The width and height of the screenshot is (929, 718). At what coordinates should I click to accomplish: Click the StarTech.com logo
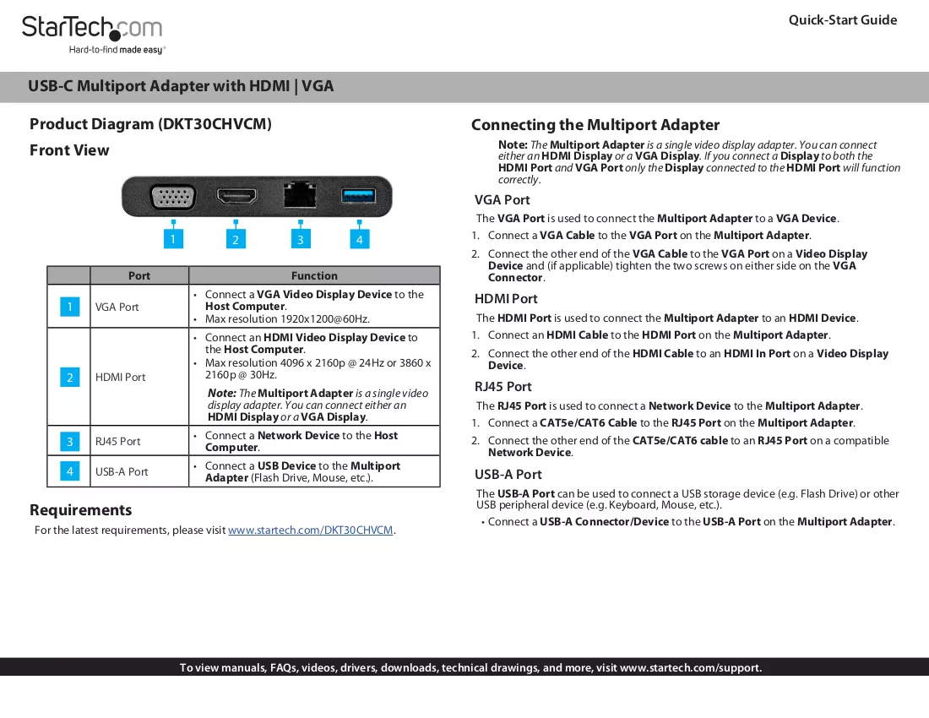point(93,35)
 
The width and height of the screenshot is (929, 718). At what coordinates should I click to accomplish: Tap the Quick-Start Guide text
point(843,20)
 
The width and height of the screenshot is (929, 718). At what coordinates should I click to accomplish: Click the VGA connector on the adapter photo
point(173,197)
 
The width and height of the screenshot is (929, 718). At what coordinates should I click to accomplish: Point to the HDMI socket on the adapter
point(236,195)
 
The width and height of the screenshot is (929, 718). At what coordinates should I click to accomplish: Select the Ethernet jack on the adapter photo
point(300,194)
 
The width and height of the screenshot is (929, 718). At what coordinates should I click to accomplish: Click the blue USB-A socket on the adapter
point(358,195)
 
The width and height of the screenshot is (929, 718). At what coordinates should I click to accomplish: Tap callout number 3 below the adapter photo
point(301,239)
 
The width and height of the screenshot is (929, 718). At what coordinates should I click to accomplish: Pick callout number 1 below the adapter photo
point(173,239)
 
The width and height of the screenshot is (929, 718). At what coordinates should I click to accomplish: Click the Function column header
point(314,275)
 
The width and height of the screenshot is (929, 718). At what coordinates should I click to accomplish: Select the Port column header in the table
point(139,275)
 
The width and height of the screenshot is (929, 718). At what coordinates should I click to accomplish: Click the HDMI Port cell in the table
point(120,378)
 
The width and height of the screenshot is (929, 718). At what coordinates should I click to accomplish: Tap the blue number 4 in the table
point(70,471)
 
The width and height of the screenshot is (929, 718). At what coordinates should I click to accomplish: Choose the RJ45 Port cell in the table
point(118,441)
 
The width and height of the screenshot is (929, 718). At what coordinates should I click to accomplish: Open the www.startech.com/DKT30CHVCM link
point(311,530)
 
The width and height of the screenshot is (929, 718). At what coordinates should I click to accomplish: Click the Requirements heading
point(80,510)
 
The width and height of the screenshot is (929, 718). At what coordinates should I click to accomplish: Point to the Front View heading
point(69,150)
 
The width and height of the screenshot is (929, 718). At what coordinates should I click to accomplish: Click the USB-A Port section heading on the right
point(508,475)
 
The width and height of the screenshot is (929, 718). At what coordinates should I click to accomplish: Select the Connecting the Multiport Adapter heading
point(595,125)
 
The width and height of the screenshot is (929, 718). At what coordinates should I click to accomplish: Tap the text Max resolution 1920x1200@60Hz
point(287,319)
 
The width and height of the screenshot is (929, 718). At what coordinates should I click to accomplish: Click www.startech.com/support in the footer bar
point(690,667)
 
